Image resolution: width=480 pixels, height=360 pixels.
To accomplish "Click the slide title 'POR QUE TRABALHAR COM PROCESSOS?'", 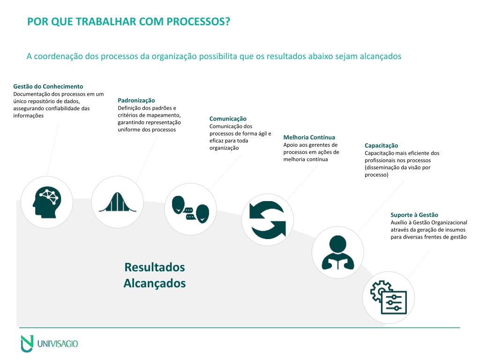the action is (128, 22).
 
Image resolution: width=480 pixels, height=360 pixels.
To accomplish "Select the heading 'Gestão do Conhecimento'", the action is (48, 86).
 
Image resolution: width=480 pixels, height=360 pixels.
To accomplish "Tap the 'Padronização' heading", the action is (136, 100).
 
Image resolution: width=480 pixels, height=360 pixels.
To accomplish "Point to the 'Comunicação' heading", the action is (228, 119).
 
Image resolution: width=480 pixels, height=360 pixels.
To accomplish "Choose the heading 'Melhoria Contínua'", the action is (309, 137).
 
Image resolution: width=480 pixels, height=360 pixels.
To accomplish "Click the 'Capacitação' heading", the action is (382, 146).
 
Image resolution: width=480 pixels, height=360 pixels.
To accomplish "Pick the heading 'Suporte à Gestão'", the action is (414, 215).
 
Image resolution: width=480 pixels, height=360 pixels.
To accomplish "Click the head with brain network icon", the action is (47, 202).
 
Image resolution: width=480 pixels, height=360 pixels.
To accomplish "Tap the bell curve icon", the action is (117, 202).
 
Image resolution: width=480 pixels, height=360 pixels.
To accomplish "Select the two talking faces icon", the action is (190, 210).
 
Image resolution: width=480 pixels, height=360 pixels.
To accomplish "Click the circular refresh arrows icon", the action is (268, 220).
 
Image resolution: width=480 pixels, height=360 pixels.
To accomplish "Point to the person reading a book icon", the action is (337, 253).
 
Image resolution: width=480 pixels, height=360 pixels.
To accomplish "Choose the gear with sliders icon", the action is (389, 297).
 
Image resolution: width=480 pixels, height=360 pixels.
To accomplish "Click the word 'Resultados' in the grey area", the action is (155, 267).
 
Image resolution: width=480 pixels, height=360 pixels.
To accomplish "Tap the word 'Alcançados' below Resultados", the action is (155, 284).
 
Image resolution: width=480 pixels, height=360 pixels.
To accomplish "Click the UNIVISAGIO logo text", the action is (58, 344).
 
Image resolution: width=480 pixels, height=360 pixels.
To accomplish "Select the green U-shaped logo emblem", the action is (27, 344).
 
